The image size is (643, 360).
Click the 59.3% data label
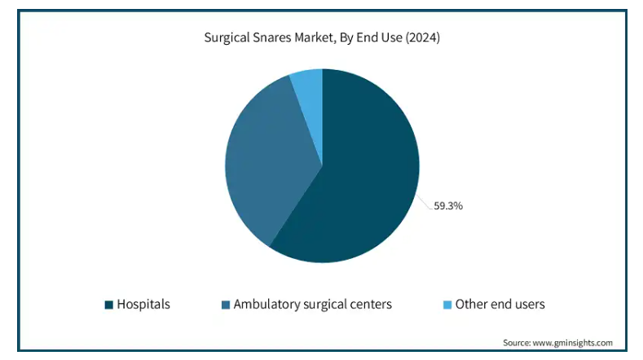click(x=448, y=206)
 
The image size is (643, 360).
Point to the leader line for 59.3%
click(x=425, y=203)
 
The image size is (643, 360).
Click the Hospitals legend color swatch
click(x=108, y=305)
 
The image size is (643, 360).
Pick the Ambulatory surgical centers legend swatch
click(x=226, y=305)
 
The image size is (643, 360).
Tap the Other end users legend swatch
click(x=447, y=305)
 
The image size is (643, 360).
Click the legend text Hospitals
click(x=143, y=305)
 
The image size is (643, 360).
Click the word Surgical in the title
click(x=227, y=37)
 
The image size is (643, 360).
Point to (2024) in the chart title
click(x=423, y=37)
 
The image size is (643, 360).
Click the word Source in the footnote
click(x=517, y=343)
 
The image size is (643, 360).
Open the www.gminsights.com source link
click(x=573, y=343)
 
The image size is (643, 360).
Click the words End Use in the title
click(x=379, y=37)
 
